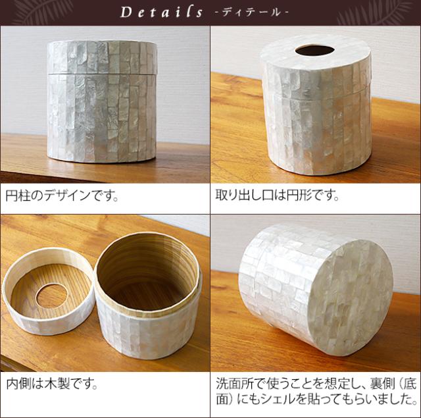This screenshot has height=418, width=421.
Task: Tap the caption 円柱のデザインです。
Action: click(62, 196)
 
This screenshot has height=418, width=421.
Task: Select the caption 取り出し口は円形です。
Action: click(277, 196)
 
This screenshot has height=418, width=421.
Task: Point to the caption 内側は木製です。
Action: click(52, 383)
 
